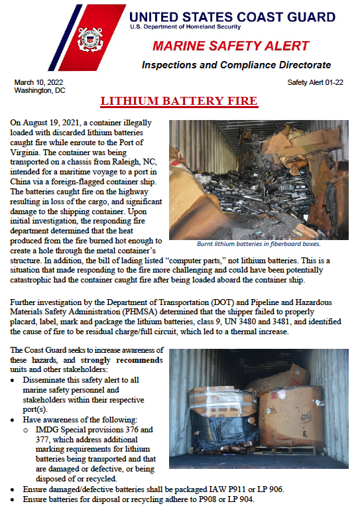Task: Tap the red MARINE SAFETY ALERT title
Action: click(231, 46)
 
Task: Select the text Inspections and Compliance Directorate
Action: click(235, 65)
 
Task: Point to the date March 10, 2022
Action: click(38, 82)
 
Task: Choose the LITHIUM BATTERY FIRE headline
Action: click(179, 101)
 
